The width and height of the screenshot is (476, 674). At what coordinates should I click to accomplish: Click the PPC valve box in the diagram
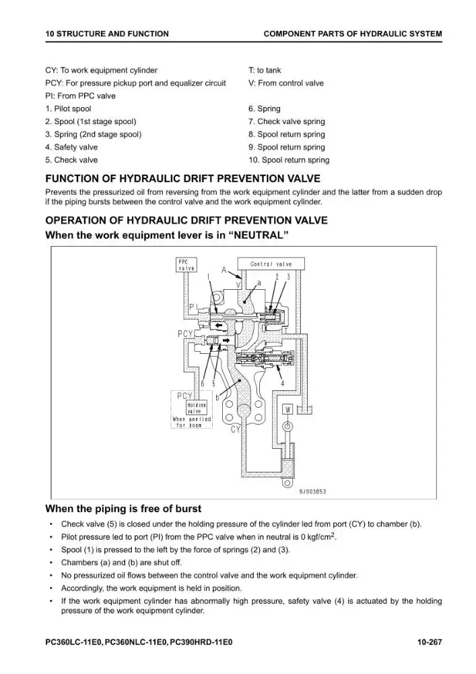click(186, 265)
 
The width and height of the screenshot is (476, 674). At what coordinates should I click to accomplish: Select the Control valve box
click(271, 264)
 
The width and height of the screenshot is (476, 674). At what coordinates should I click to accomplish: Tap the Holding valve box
click(196, 408)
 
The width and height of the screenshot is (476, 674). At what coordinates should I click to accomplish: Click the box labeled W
click(287, 409)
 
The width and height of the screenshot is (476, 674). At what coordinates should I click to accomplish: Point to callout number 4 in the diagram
click(282, 384)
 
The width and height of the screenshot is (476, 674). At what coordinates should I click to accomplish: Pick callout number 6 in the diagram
click(203, 384)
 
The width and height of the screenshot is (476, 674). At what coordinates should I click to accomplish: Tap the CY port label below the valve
click(236, 429)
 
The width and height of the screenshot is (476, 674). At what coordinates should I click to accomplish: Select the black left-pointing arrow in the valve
click(219, 326)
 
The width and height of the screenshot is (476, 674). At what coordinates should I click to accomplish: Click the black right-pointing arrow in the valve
click(226, 340)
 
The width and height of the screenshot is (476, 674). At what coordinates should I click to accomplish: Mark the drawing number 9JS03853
click(312, 491)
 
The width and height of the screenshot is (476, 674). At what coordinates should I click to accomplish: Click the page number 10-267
click(430, 642)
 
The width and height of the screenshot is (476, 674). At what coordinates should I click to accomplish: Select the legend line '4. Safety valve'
click(71, 147)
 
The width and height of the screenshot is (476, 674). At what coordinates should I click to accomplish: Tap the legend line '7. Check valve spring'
click(287, 121)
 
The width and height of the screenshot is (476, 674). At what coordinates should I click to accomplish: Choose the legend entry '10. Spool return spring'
click(289, 160)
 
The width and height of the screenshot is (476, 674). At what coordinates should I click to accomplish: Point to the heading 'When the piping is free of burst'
click(123, 509)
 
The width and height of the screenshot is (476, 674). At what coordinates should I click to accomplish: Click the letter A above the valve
click(224, 270)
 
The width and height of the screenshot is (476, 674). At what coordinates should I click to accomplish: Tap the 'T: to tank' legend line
click(265, 70)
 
